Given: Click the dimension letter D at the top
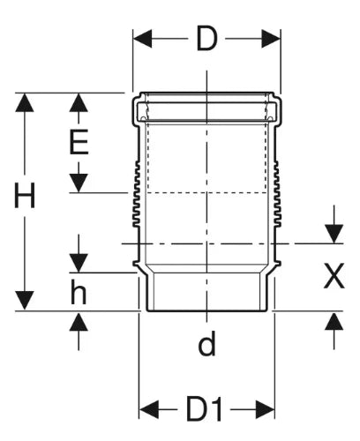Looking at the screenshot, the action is pos(206,39).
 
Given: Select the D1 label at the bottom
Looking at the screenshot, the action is pos(204,409).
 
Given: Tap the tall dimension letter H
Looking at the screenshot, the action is pos(25,195).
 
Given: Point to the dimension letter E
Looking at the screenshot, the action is pos(79,142).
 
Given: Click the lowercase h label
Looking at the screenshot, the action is pos(79,291).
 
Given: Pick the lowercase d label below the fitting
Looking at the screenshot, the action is pos(206,343).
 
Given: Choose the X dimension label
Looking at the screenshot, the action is pos(334,276).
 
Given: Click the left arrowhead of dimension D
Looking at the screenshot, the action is pos(142,39).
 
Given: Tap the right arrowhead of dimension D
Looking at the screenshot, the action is pos(271,39).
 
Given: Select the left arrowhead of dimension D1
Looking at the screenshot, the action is pos(148,409).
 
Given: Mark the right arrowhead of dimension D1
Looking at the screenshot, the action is pos(266,409).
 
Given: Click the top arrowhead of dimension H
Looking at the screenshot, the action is pos(25,102).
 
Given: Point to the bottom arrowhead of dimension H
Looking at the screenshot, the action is pos(25,301).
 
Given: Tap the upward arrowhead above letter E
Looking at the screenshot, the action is pos(79,102).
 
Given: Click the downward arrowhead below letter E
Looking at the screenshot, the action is pos(79,183).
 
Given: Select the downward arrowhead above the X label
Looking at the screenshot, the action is pos(334,234).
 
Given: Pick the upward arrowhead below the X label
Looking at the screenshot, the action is pos(334,320).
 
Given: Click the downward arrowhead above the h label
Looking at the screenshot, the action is pos(79,263).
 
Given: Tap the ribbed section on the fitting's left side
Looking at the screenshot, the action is pos(137,194).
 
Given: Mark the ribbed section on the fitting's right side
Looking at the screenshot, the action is pos(277,194).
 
